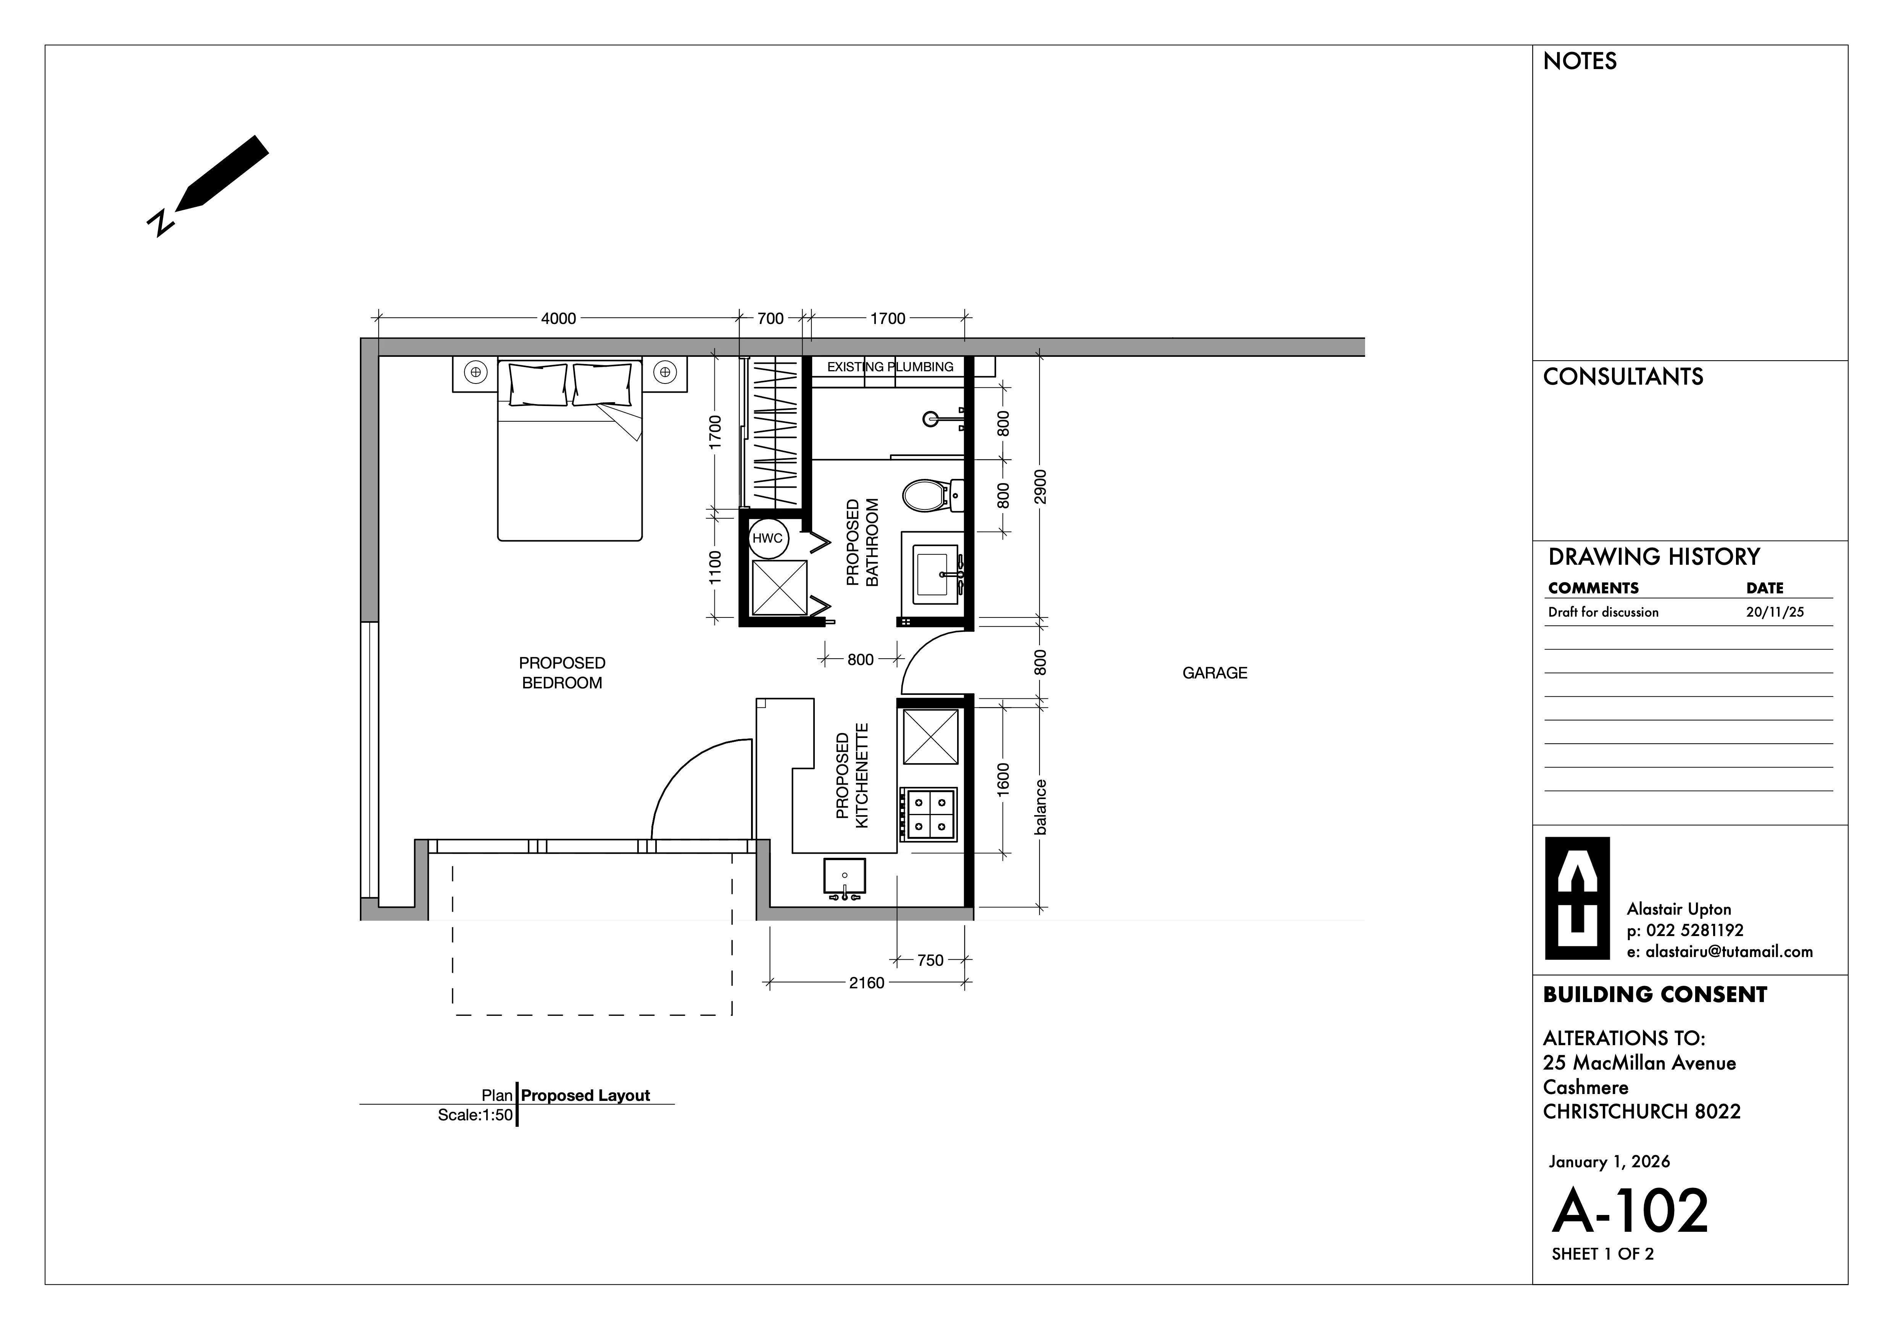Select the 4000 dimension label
point(558,319)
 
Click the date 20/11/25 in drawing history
point(1775,612)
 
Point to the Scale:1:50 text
point(475,1115)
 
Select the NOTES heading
point(1580,61)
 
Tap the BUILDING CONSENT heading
point(1655,995)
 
